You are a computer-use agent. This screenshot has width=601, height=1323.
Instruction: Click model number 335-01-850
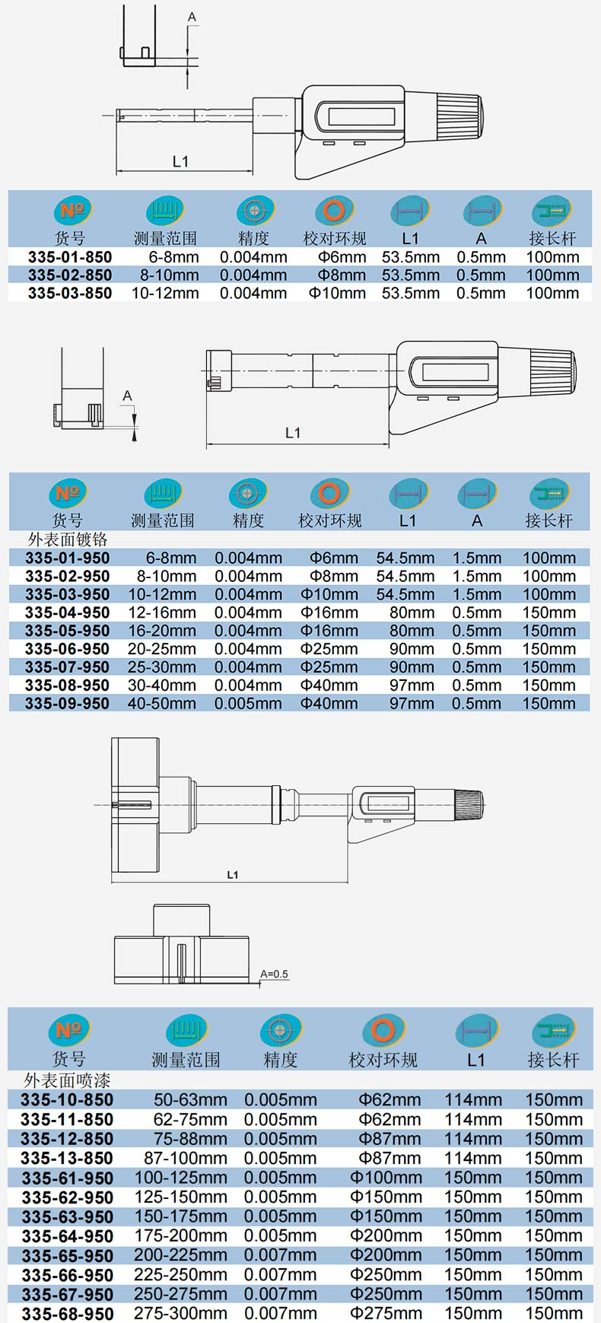pyautogui.click(x=70, y=257)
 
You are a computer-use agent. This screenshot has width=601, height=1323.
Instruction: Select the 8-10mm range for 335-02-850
pyautogui.click(x=169, y=275)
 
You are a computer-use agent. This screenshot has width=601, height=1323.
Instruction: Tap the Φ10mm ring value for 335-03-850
pyautogui.click(x=337, y=293)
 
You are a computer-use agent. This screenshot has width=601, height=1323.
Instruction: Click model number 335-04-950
pyautogui.click(x=67, y=612)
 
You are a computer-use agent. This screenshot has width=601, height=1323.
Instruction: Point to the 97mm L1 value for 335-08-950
pyautogui.click(x=412, y=685)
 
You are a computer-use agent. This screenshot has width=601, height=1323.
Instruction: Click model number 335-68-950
pyautogui.click(x=68, y=1314)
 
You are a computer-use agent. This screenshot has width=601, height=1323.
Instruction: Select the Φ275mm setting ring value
pyautogui.click(x=386, y=1313)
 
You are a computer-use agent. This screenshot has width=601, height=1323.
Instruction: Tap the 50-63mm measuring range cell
pyautogui.click(x=190, y=1099)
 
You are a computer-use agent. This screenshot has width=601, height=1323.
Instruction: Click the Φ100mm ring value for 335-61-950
pyautogui.click(x=386, y=1178)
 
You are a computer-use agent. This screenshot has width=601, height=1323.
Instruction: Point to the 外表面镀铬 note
pyautogui.click(x=68, y=539)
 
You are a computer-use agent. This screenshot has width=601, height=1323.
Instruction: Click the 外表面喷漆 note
pyautogui.click(x=67, y=1080)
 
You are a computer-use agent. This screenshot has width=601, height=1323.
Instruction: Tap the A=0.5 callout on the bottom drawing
pyautogui.click(x=274, y=974)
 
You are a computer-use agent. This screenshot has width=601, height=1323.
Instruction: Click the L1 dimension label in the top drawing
pyautogui.click(x=180, y=161)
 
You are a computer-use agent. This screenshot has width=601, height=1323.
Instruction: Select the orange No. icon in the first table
pyautogui.click(x=72, y=211)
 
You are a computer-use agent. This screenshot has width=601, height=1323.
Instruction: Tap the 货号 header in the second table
pyautogui.click(x=67, y=520)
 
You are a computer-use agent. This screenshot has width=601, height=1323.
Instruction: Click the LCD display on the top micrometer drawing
pyautogui.click(x=361, y=116)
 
